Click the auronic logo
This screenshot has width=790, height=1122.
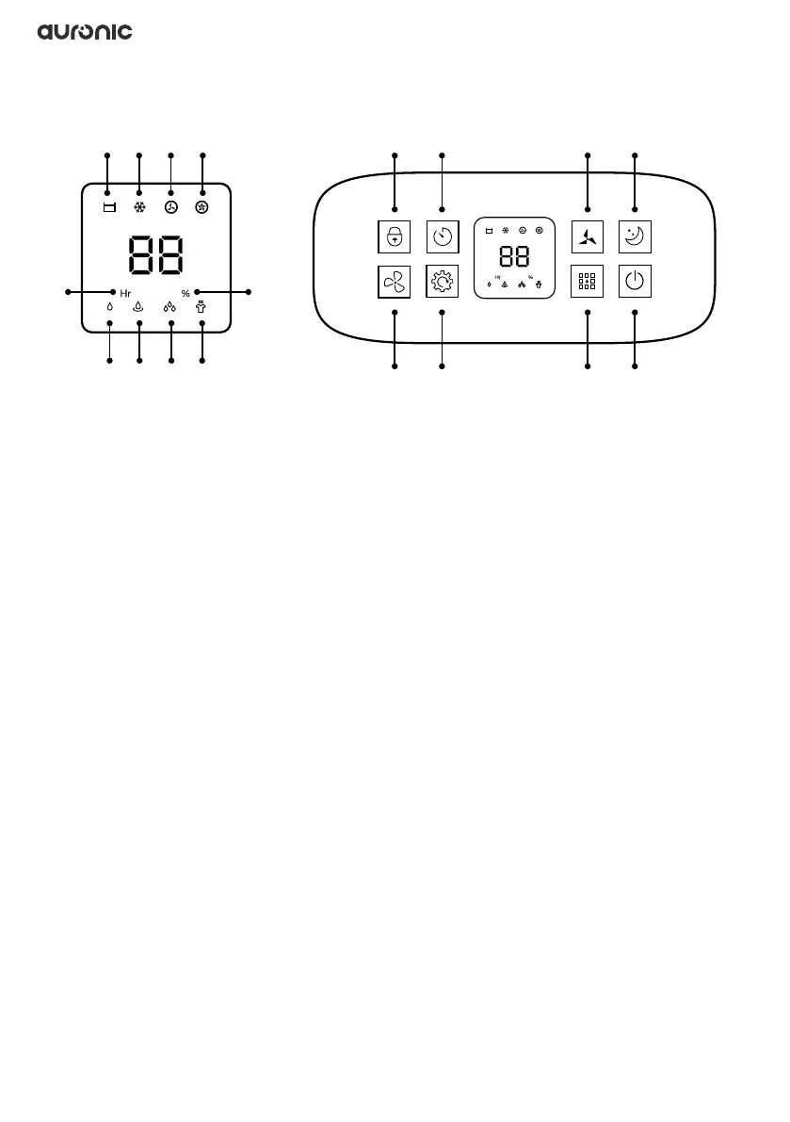85,32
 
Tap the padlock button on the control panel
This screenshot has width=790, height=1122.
395,236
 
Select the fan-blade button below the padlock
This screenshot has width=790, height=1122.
395,282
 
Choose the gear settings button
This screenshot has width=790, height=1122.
443,282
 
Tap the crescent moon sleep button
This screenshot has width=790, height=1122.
636,236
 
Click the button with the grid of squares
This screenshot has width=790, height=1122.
588,282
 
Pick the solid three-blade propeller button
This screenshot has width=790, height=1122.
588,236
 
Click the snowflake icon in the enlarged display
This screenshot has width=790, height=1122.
139,207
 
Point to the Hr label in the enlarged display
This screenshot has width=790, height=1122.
125,293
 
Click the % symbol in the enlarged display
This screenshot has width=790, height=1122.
185,293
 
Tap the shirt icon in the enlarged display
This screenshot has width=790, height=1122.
202,305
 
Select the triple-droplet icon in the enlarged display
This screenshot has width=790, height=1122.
170,305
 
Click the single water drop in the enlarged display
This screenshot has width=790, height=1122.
110,306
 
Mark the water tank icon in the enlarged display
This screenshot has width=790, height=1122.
108,207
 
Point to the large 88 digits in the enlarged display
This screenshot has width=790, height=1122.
155,254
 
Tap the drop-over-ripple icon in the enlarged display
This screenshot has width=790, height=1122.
139,305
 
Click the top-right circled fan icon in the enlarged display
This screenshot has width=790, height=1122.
202,207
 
